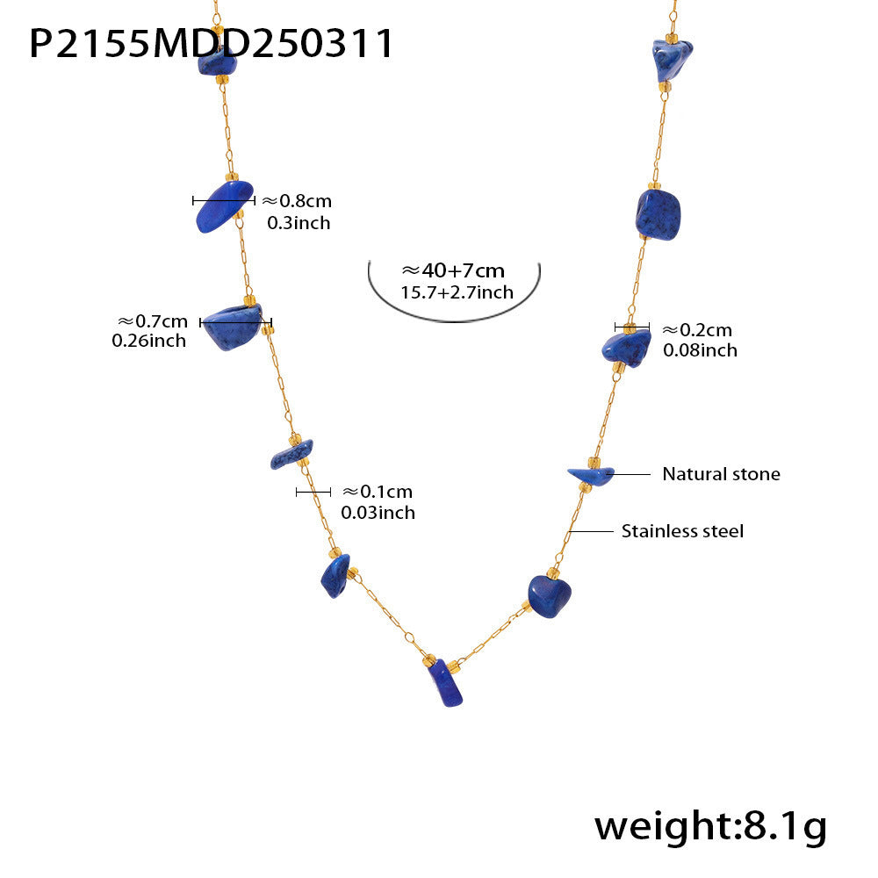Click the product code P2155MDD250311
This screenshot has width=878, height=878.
click(x=211, y=44)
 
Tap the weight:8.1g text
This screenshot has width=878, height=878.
click(x=710, y=827)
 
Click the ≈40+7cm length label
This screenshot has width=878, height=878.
click(x=453, y=270)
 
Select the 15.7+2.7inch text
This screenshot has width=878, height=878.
click(x=457, y=292)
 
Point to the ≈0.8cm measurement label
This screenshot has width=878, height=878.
click(x=298, y=200)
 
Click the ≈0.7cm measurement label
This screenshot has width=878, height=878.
click(x=153, y=321)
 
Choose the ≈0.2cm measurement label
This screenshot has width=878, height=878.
click(x=697, y=330)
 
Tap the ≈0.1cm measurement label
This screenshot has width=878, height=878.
click(x=378, y=492)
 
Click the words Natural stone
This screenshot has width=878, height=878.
click(x=721, y=474)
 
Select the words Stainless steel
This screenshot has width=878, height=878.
click(x=682, y=531)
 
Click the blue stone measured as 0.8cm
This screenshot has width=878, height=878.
click(x=223, y=205)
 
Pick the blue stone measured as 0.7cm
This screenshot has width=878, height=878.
click(x=232, y=327)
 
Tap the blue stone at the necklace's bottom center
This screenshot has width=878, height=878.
click(x=445, y=682)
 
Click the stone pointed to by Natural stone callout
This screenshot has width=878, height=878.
click(x=591, y=476)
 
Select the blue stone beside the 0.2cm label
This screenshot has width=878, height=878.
click(x=627, y=348)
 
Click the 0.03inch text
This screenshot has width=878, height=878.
click(x=378, y=513)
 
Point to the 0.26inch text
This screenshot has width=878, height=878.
click(x=149, y=341)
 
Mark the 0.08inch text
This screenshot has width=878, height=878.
click(x=700, y=350)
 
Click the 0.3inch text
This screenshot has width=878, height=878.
click(x=299, y=223)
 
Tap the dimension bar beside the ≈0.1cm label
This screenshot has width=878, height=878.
click(x=313, y=493)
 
